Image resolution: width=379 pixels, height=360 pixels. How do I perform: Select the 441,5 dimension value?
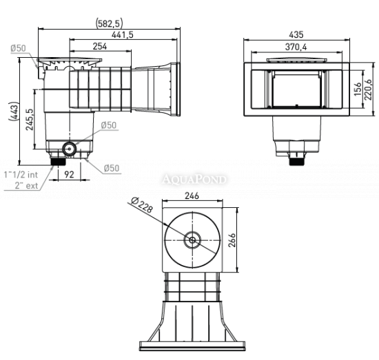(122, 35)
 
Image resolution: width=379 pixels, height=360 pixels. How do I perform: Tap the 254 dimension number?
(100, 46)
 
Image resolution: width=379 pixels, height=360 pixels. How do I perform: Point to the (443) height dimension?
(14, 112)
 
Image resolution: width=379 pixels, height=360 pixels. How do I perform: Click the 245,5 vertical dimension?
(30, 120)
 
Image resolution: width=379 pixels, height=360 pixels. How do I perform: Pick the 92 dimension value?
(69, 175)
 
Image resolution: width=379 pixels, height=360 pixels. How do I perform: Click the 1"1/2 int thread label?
(21, 175)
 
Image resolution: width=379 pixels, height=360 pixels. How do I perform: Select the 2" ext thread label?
(26, 185)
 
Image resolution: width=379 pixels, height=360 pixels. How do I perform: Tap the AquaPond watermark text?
(194, 180)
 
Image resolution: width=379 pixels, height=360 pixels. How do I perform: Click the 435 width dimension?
(296, 35)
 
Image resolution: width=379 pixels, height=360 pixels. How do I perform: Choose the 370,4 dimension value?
(296, 47)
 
